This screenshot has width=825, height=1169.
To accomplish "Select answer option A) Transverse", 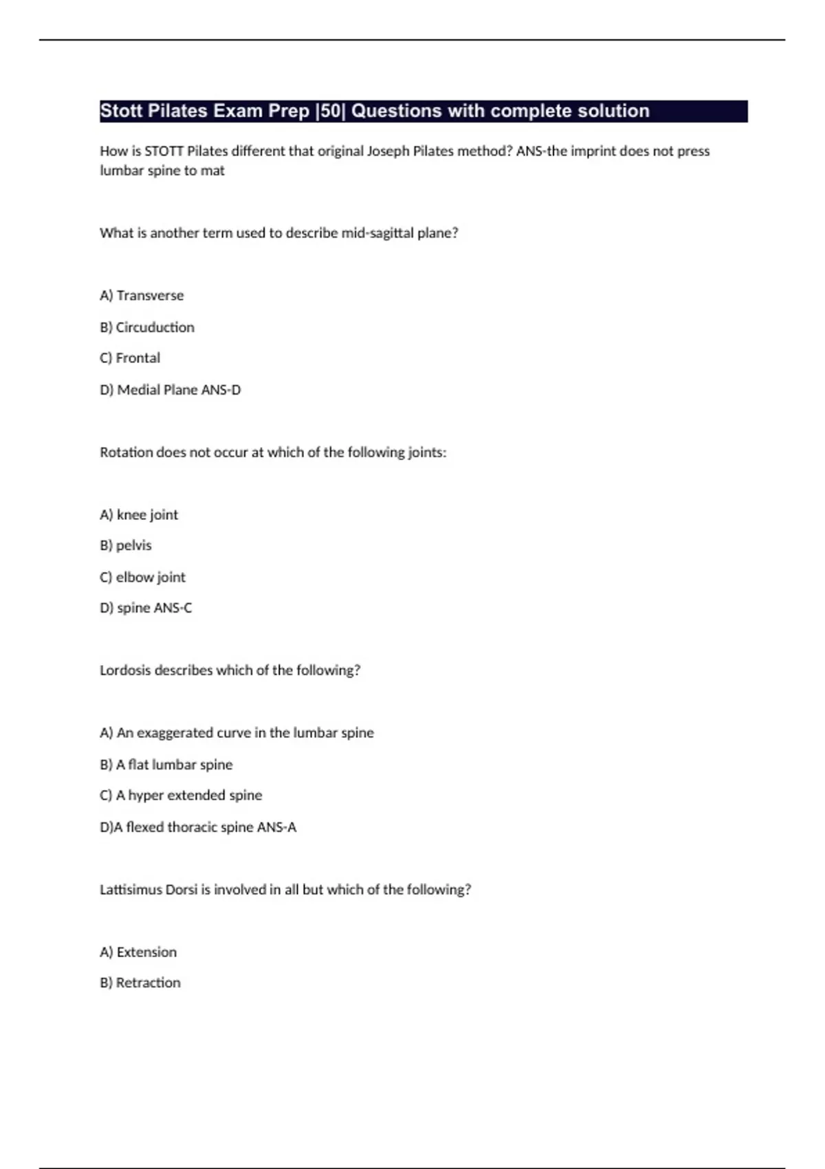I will point(142,296).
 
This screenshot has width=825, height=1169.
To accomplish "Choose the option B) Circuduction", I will point(147,327).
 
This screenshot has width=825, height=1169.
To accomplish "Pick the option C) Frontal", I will point(130,358).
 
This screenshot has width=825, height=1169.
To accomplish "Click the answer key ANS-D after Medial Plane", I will point(221,390).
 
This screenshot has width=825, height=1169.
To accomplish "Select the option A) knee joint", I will point(139,515).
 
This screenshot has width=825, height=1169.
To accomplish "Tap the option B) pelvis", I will point(126,545).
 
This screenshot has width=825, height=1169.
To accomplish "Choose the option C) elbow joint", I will point(142,577).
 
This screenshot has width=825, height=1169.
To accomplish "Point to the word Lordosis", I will point(125,670).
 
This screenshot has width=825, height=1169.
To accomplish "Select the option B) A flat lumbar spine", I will point(166,765).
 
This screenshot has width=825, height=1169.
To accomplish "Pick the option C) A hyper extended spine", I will point(181,796).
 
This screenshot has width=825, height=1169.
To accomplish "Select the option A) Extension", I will point(138,952).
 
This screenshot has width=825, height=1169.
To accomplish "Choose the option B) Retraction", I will point(140,983).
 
